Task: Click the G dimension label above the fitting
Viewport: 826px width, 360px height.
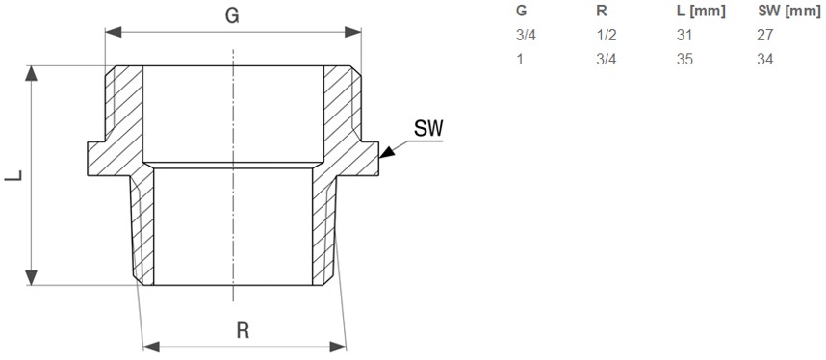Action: (x=232, y=16)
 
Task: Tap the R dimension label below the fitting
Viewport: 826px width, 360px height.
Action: (x=243, y=330)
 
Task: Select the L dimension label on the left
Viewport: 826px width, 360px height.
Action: (x=13, y=175)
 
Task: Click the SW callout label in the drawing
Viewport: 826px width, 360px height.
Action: (x=428, y=129)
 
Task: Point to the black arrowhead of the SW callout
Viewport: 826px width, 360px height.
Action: (x=387, y=152)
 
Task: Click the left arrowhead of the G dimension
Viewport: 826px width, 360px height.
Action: (x=114, y=32)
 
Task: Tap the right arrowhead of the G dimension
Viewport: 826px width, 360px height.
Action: (x=353, y=32)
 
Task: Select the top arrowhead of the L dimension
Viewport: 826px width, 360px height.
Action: (x=32, y=73)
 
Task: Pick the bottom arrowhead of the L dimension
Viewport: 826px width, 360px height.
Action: (x=32, y=277)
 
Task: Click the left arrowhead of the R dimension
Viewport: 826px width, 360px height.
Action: (x=151, y=347)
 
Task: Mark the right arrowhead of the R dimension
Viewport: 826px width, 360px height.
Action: (x=338, y=347)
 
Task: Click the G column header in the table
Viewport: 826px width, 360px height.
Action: (x=522, y=11)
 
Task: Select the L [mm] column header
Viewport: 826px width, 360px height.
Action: (x=701, y=12)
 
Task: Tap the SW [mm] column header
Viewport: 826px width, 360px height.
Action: (x=789, y=12)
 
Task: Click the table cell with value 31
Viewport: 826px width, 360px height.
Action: (x=684, y=36)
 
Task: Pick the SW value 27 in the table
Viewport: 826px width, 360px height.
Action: (x=765, y=36)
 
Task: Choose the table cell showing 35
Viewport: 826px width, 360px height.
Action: (x=684, y=59)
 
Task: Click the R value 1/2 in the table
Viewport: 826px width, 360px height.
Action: (x=606, y=36)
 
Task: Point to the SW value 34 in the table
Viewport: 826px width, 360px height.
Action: (x=765, y=59)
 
